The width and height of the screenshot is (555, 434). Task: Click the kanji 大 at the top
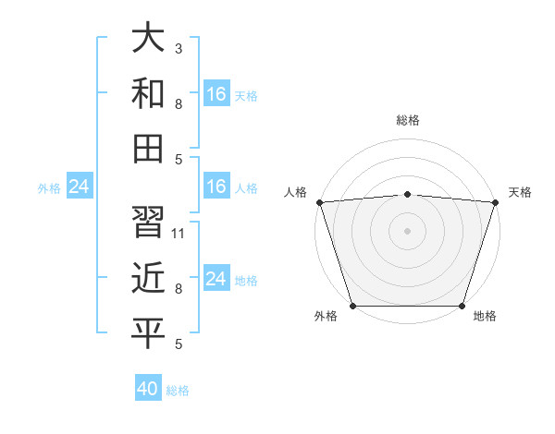point(148,38)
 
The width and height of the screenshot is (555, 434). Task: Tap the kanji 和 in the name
point(148,94)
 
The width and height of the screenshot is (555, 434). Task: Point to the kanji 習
point(148,222)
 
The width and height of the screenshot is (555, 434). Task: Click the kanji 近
point(148,277)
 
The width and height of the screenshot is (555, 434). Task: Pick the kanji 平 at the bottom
point(148,333)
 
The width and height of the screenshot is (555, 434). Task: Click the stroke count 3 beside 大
point(178,47)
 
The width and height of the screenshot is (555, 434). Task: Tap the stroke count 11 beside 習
point(179,233)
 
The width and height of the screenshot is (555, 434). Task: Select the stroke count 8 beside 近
point(178,289)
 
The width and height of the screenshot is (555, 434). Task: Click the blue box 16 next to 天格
point(216,94)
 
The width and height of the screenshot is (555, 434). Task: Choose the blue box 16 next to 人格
point(216,187)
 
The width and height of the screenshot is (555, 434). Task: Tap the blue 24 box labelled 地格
point(216,279)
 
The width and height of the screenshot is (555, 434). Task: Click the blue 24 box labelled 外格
point(80,187)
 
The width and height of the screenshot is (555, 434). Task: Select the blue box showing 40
point(148,389)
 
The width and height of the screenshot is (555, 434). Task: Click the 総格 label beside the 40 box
point(178,391)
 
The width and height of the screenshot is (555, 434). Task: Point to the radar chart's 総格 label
point(407,121)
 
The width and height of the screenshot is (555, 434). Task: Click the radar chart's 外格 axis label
point(326,317)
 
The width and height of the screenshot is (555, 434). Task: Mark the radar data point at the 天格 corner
point(495,202)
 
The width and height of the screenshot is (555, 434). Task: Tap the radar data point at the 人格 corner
point(319,202)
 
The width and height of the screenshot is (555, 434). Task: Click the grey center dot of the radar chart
point(407,231)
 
